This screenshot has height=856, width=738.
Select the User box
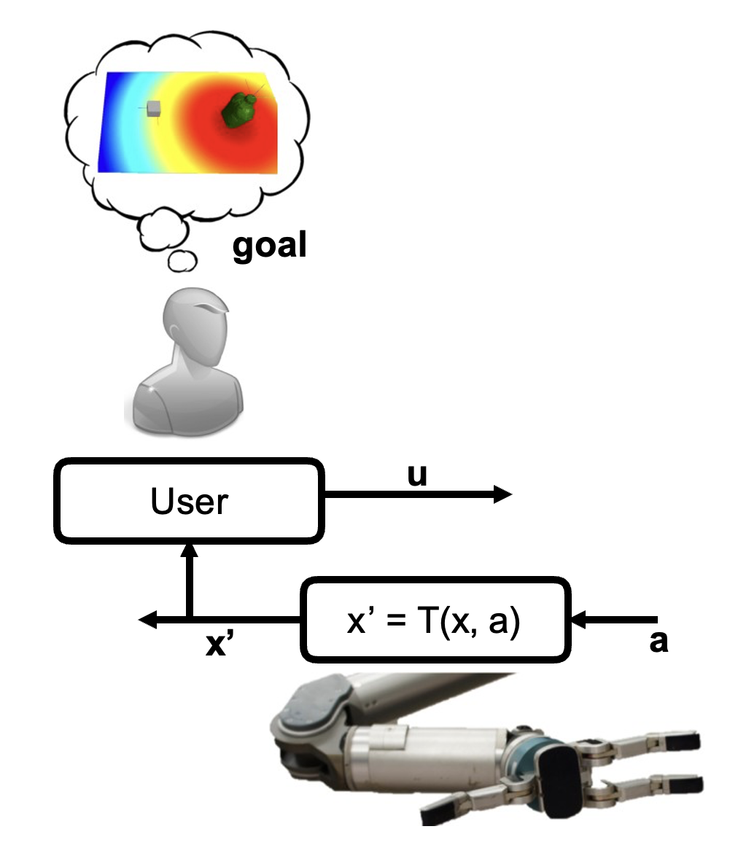coord(190,502)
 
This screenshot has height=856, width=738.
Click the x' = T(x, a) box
coord(436,621)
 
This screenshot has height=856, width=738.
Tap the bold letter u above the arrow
coord(417,475)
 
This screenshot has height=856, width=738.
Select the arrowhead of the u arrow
coord(503,495)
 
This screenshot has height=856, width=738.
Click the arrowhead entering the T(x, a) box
coord(580,621)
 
